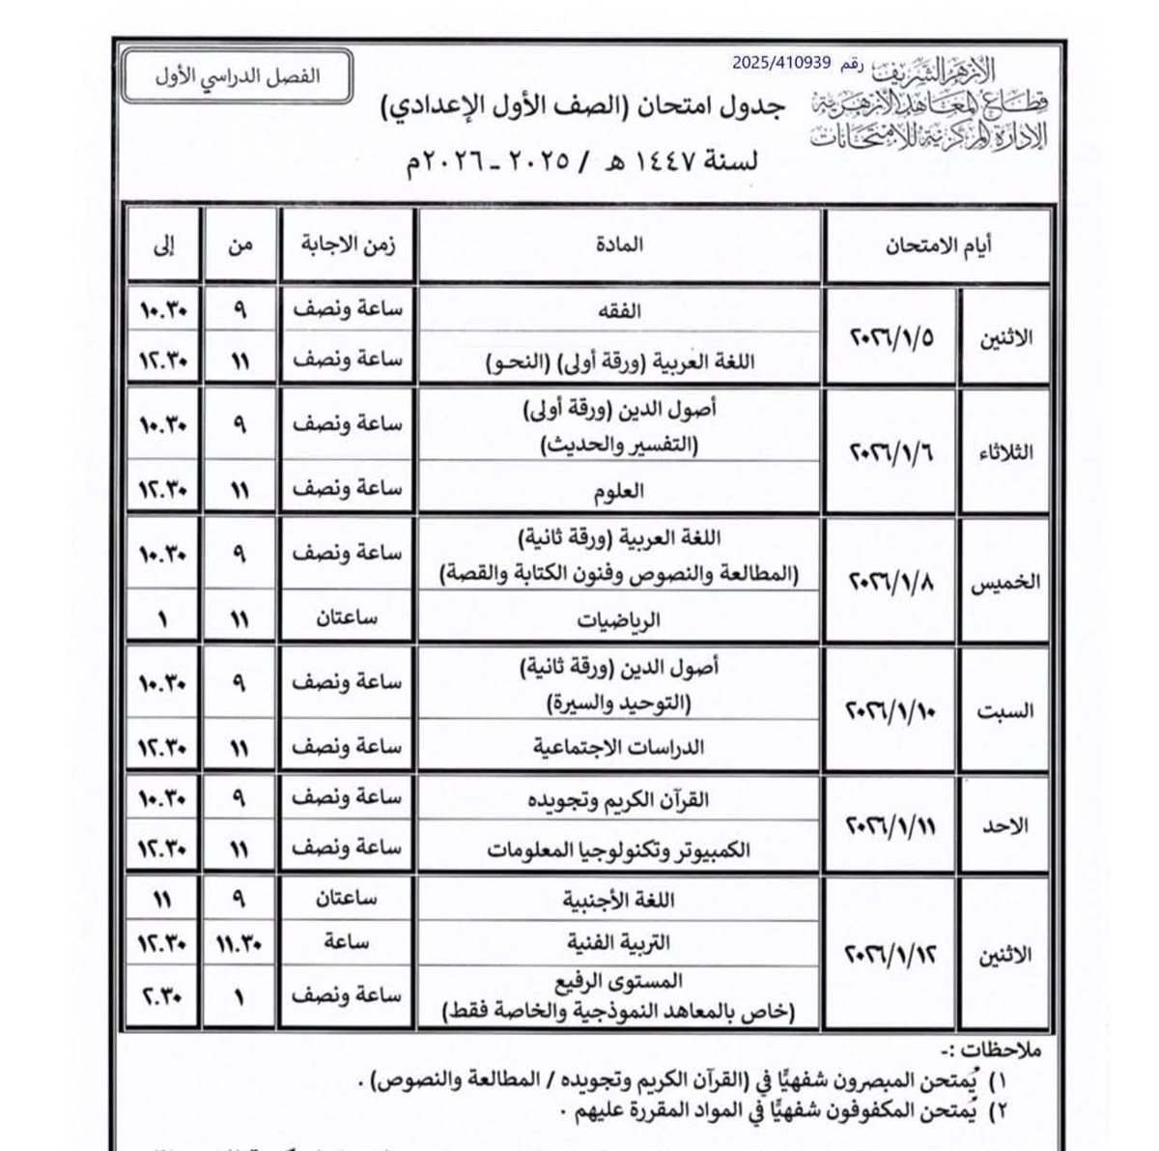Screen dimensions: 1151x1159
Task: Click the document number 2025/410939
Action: tap(781, 63)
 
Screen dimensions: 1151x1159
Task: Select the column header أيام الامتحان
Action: tap(938, 245)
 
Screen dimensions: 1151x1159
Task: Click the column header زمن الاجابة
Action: tap(346, 245)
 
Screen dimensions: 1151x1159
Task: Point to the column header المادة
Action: tap(624, 245)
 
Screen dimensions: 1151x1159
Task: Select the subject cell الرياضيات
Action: tap(624, 620)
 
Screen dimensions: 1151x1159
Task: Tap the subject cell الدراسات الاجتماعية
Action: tap(623, 748)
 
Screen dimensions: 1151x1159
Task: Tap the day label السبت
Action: tap(1006, 711)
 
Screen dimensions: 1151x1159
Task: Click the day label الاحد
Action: tap(1009, 827)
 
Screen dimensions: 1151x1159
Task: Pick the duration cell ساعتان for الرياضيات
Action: tap(346, 620)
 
